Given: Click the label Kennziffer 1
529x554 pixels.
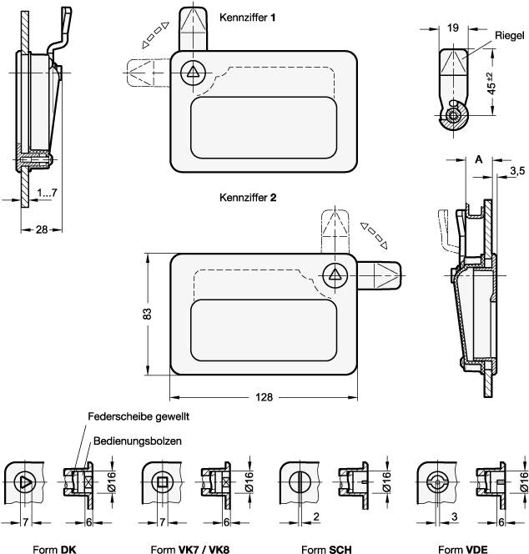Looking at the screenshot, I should pyautogui.click(x=248, y=18).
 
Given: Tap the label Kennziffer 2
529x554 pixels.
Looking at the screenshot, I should pyautogui.click(x=248, y=199).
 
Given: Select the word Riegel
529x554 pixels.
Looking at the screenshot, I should pyautogui.click(x=509, y=36).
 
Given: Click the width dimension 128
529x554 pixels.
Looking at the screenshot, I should pyautogui.click(x=264, y=397).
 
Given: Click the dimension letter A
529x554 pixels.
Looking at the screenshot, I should pyautogui.click(x=478, y=159).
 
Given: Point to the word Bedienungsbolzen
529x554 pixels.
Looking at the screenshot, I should pyautogui.click(x=138, y=441).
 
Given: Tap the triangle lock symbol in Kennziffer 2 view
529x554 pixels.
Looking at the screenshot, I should pyautogui.click(x=335, y=275).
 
